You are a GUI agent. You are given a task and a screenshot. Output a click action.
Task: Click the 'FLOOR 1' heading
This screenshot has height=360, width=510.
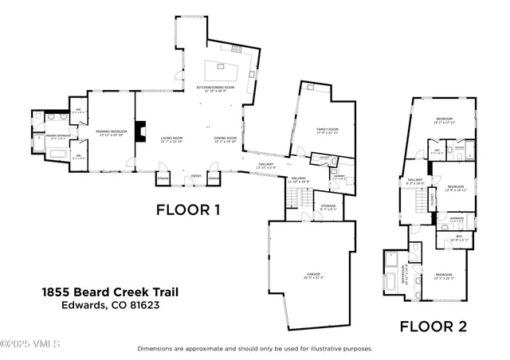187,210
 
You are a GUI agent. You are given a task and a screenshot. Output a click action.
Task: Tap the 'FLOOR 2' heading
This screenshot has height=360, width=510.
433,326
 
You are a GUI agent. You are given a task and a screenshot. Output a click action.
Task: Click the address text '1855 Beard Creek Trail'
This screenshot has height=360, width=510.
110,292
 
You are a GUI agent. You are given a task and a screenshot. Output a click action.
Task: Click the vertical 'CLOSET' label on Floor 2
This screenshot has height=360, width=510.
432,201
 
